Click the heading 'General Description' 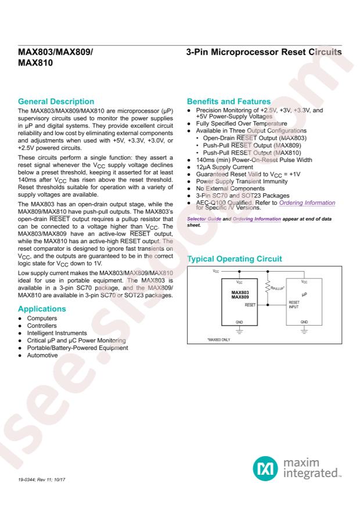tap(56, 101)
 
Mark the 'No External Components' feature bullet tap(229, 187)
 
